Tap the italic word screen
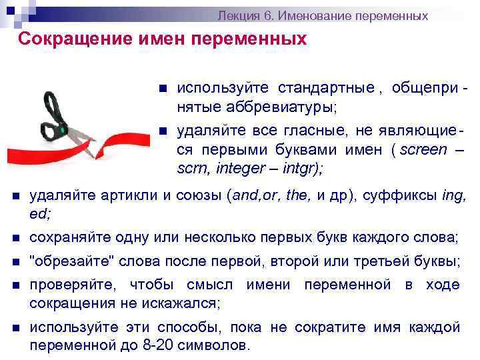tap(421, 149)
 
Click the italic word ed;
tap(41, 214)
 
